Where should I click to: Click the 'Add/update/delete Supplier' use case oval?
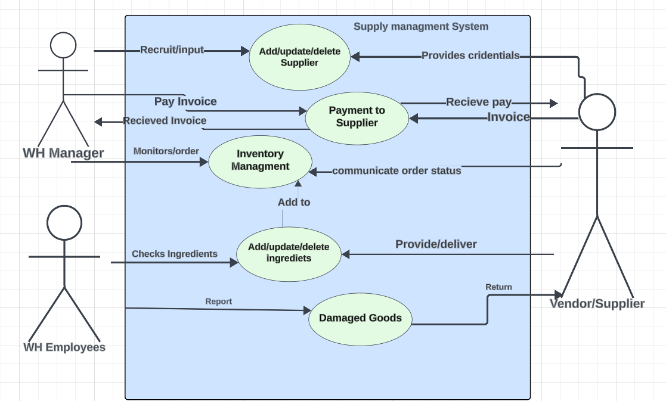(299, 57)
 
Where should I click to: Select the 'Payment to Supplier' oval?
(357, 117)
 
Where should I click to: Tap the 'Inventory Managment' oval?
(260, 161)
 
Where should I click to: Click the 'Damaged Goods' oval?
(360, 318)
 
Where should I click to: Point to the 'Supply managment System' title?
(420, 27)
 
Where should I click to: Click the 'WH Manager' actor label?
(63, 153)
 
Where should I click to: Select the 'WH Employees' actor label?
(64, 347)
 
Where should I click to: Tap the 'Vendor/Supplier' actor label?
(597, 304)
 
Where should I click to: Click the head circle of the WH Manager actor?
(63, 45)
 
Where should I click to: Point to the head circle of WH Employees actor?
(64, 222)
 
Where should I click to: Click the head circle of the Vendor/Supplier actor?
(597, 112)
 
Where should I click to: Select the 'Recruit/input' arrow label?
(172, 50)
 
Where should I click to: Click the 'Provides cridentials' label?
(470, 56)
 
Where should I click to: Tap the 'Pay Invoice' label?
(185, 102)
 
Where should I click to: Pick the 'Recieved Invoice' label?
(165, 121)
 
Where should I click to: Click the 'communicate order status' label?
(396, 171)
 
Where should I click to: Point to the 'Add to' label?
(294, 203)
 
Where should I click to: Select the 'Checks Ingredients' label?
(174, 254)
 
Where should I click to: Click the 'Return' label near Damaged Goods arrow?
(498, 287)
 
